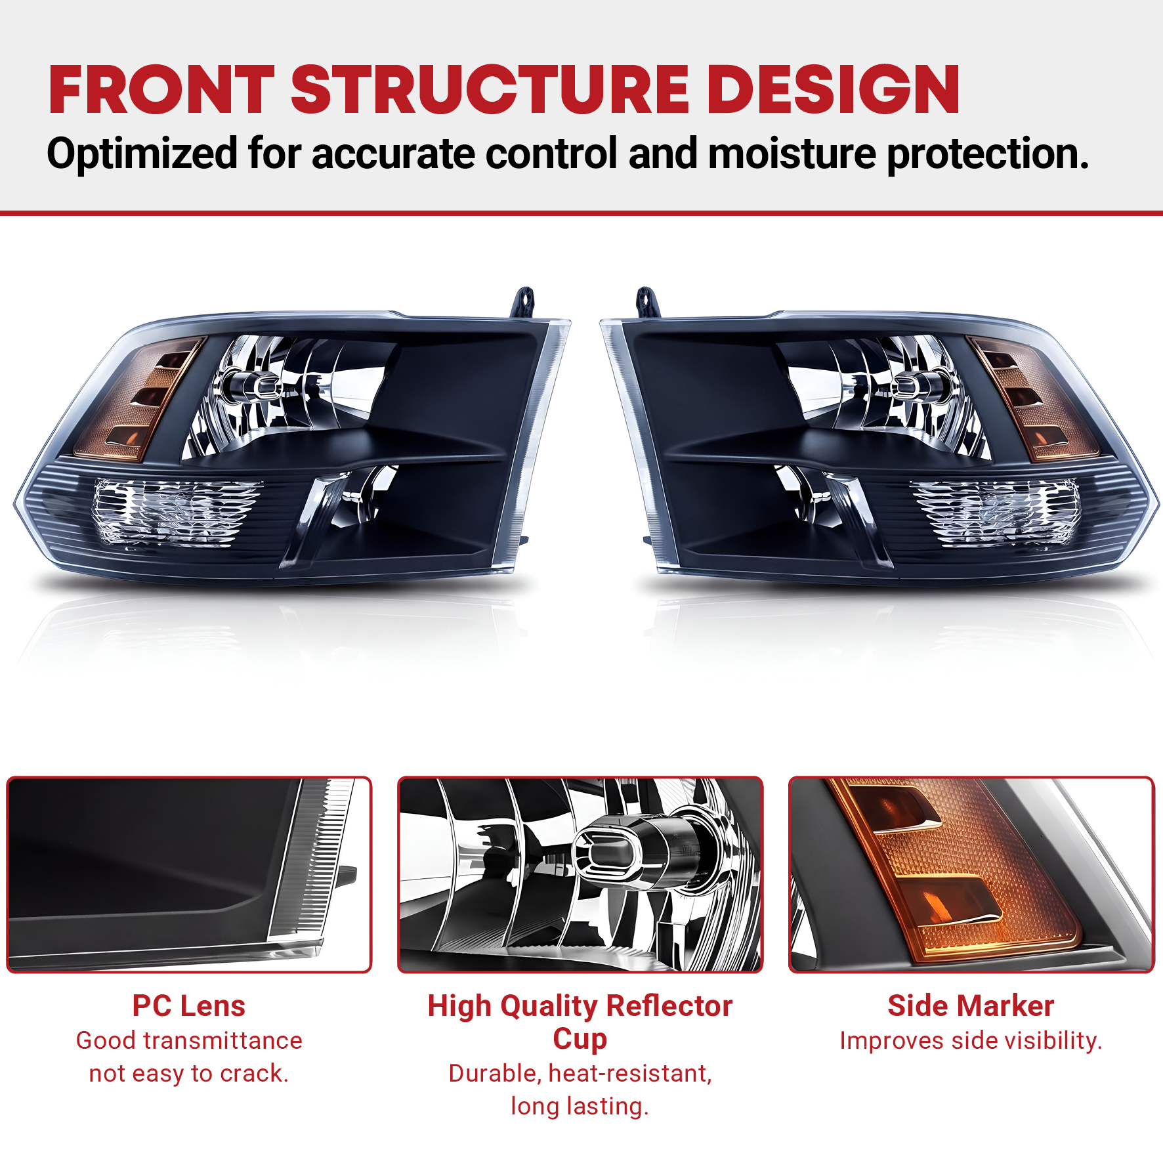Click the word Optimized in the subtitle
click(142, 155)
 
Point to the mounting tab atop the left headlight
click(524, 303)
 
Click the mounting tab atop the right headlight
click(646, 303)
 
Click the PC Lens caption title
click(189, 1005)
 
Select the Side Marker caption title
click(971, 1005)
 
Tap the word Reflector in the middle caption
click(669, 1005)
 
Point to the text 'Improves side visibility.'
click(971, 1040)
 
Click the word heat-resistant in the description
click(630, 1074)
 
